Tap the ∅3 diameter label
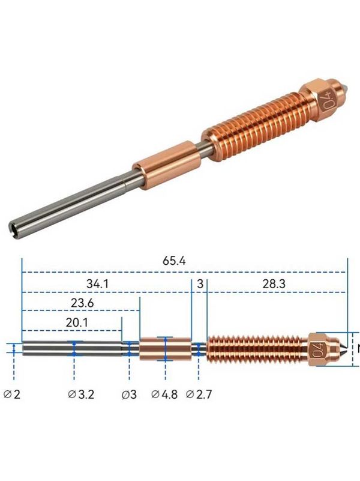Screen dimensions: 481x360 pyautogui.click(x=128, y=395)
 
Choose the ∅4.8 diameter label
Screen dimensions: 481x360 pyautogui.click(x=163, y=395)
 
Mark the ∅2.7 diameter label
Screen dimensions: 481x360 pyautogui.click(x=199, y=395)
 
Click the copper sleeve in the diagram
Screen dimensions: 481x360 pyautogui.click(x=165, y=349)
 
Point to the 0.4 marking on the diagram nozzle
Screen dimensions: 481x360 pyautogui.click(x=316, y=348)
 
